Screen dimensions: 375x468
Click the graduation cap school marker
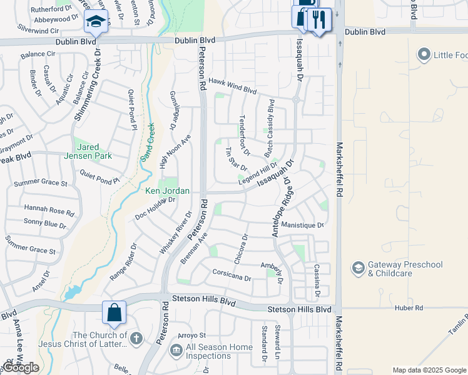[96, 22]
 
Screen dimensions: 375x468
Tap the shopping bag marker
[114, 312]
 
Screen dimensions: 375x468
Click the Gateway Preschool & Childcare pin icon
[359, 269]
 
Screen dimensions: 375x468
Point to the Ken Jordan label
[167, 191]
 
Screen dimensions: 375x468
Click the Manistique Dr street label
[303, 225]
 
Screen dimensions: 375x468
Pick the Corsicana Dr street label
[231, 277]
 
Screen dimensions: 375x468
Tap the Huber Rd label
[410, 308]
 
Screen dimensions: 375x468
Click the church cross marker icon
[136, 339]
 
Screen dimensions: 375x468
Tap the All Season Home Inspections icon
[176, 351]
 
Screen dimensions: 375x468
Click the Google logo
[21, 367]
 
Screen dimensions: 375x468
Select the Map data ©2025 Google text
[429, 370]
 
